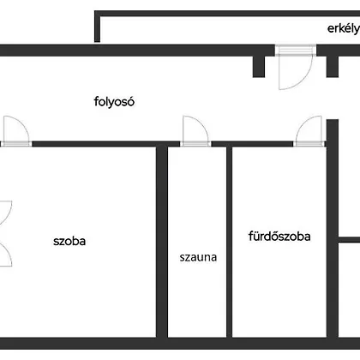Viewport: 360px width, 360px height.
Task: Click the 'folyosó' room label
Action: [114, 102]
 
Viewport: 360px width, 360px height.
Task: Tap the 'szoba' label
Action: [69, 241]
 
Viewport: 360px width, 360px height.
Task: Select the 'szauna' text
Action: [198, 257]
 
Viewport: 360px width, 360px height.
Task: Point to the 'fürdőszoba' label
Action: [279, 237]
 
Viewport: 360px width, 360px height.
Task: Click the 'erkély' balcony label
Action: [344, 28]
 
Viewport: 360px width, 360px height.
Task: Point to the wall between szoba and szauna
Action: [162, 242]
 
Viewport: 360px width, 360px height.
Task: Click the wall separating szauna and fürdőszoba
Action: [229, 242]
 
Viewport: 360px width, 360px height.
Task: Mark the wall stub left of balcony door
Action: [259, 67]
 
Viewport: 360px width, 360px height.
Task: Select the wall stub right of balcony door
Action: [333, 67]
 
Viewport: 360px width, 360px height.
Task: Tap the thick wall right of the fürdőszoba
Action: [333, 229]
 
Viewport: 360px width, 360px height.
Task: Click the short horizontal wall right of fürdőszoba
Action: [349, 240]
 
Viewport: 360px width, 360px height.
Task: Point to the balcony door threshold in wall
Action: [296, 50]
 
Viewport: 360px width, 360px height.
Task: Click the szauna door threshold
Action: [195, 144]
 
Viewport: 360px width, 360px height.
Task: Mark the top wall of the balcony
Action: [227, 14]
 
